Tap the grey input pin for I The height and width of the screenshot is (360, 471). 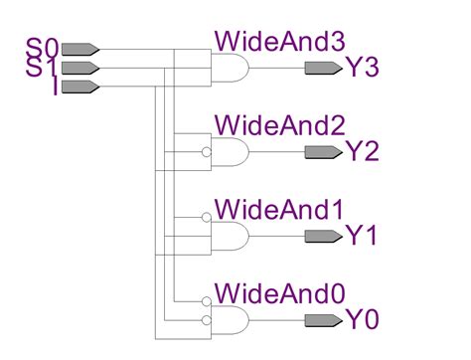click(84, 87)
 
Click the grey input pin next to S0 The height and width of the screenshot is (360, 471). click(84, 48)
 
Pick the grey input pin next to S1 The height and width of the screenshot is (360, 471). click(84, 68)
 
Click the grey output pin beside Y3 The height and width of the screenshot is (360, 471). click(321, 68)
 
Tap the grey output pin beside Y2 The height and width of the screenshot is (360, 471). click(321, 152)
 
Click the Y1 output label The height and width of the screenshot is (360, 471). click(363, 237)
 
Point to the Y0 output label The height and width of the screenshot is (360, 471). click(363, 320)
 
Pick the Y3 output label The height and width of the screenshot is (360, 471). click(363, 68)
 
